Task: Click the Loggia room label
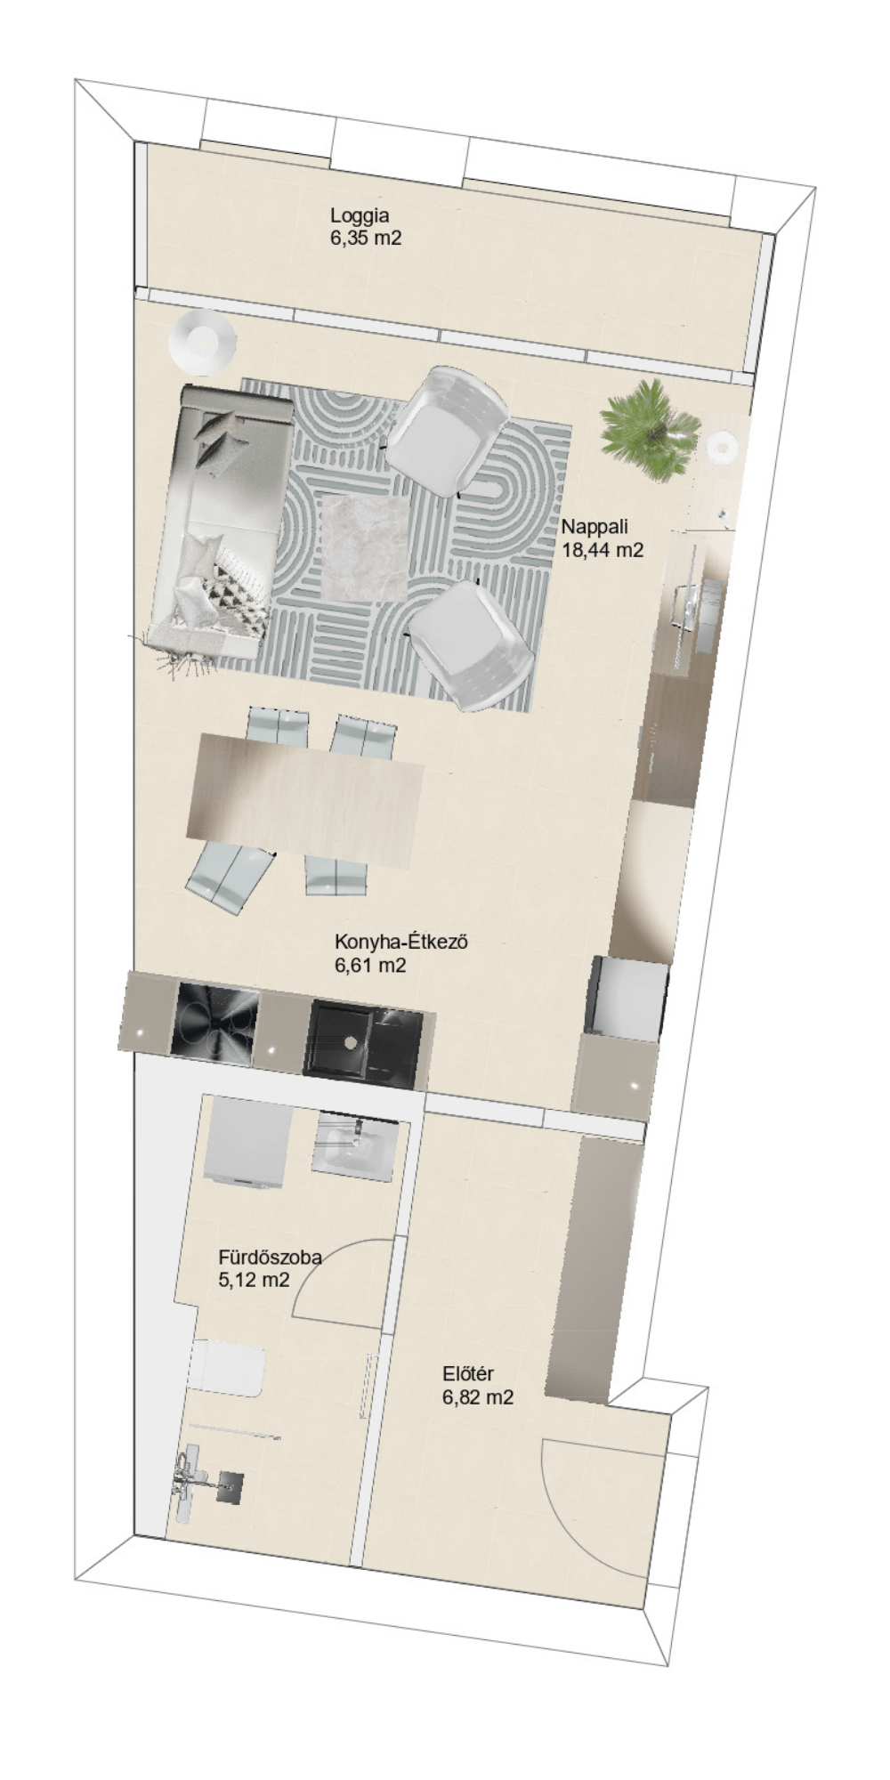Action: coord(360,215)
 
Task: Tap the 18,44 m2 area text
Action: coord(603,550)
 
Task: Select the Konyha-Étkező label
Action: coord(401,942)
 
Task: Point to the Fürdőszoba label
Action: coord(270,1258)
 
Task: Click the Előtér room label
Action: coord(468,1374)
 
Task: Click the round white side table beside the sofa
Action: coord(203,342)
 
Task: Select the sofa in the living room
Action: coord(221,522)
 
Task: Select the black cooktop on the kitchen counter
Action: coord(214,1023)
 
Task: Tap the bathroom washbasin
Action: coord(352,1146)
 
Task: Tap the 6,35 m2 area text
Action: coord(366,238)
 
